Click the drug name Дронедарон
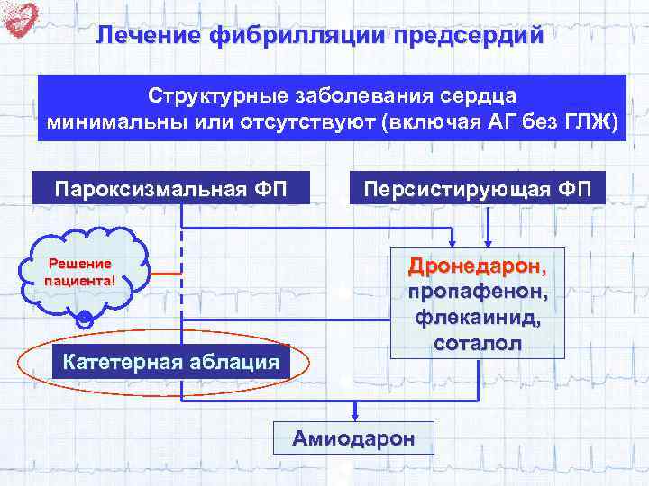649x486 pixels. pyautogui.click(x=476, y=267)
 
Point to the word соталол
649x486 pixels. pyautogui.click(x=476, y=343)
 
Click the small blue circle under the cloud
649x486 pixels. pyautogui.click(x=84, y=319)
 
